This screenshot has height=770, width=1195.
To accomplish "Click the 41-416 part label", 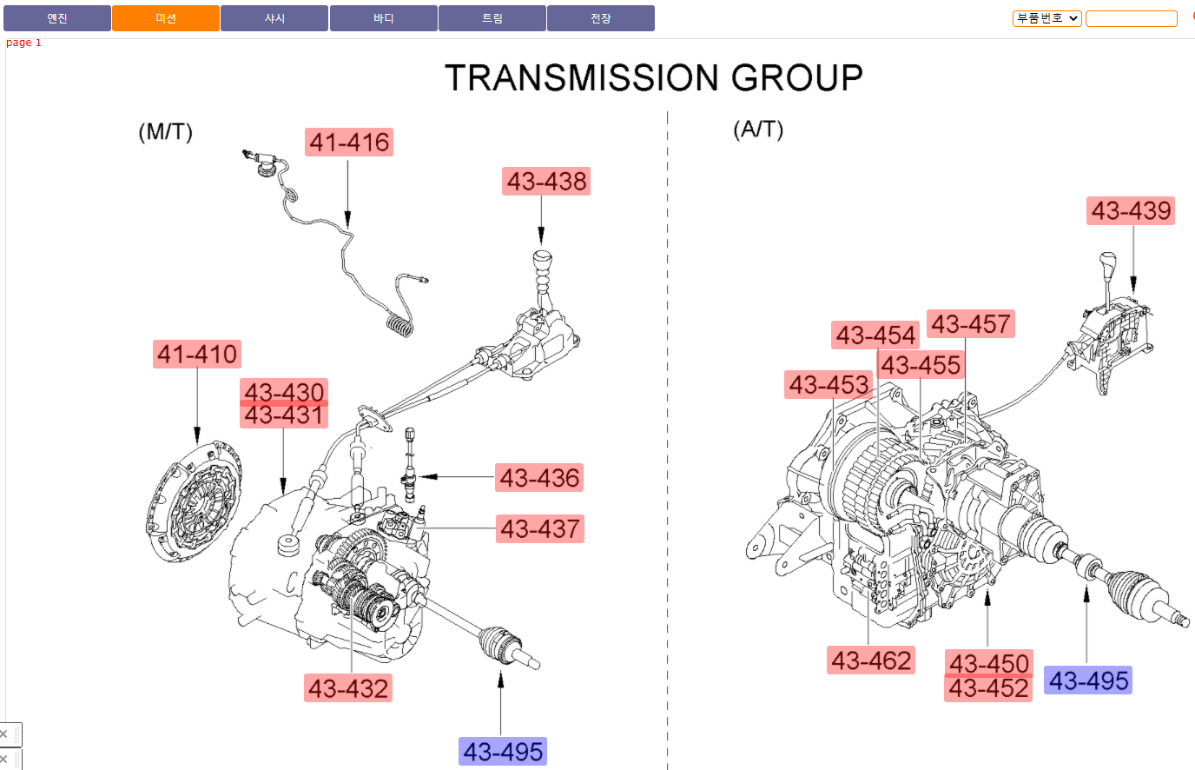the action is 349,142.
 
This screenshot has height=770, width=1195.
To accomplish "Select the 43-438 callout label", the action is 545,181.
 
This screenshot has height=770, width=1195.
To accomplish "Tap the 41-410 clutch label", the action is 197,354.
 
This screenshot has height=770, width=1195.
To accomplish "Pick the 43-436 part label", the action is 538,477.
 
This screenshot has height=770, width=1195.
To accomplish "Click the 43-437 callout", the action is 540,528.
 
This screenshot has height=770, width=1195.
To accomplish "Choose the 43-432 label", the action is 348,687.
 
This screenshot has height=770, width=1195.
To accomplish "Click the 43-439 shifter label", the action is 1131,210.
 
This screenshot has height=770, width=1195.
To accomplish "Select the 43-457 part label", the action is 970,323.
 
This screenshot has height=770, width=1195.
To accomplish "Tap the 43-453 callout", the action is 828,384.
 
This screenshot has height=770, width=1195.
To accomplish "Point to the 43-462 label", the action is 871,660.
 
